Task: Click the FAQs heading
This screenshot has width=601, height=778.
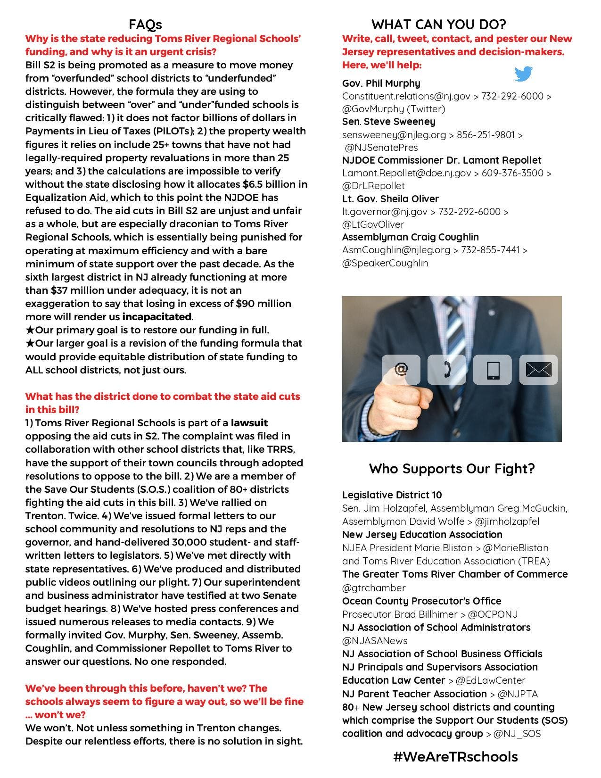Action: (x=145, y=25)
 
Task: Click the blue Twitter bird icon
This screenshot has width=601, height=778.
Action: (x=523, y=74)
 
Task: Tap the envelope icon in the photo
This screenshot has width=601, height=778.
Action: (x=538, y=370)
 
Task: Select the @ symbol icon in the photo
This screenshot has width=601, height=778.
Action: (x=401, y=369)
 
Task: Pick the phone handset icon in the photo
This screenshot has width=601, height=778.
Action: (x=446, y=369)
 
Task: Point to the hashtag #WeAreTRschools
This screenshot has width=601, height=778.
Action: (x=455, y=757)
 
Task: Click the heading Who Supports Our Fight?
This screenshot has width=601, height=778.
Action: (x=452, y=469)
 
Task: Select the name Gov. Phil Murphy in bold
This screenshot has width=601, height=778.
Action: (x=381, y=83)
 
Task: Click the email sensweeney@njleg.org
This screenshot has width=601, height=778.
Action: (x=394, y=135)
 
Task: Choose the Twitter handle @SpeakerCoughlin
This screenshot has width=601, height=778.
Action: (x=385, y=263)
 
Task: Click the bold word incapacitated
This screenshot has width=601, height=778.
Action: (x=157, y=316)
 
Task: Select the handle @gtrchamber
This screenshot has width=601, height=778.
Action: (x=374, y=588)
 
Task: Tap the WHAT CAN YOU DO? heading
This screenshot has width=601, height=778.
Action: (x=438, y=25)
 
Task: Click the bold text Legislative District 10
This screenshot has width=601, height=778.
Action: (x=392, y=495)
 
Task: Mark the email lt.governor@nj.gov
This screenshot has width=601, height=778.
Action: (x=385, y=212)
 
